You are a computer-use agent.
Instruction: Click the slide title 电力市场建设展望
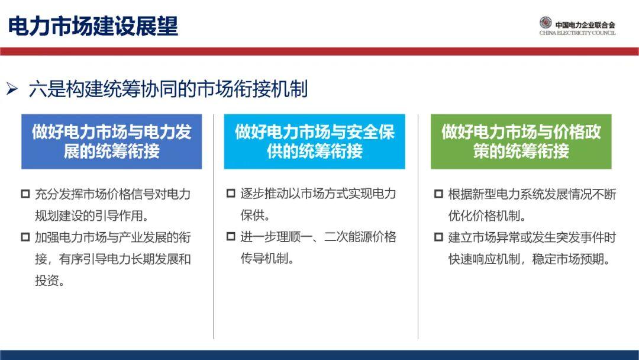[93, 26]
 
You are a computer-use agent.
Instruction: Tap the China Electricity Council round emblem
[546, 23]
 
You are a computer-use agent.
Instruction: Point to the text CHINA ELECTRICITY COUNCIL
[577, 33]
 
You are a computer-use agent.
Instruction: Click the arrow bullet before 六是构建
[12, 88]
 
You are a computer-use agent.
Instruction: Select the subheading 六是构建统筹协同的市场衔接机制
[168, 89]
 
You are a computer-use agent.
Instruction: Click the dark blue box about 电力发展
[111, 142]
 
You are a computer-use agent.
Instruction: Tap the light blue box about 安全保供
[314, 142]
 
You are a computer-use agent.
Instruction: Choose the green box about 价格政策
[521, 142]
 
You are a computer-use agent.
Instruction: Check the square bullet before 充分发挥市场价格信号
[25, 194]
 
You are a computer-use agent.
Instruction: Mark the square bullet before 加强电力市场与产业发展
[25, 237]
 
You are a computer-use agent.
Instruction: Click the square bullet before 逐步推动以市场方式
[231, 193]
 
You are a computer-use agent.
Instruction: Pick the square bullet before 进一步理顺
[231, 236]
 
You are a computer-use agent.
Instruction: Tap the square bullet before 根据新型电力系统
[438, 194]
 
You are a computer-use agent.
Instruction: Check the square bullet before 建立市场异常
[438, 237]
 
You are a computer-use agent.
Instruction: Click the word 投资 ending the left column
[47, 281]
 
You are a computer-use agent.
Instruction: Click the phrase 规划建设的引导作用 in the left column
[88, 216]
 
